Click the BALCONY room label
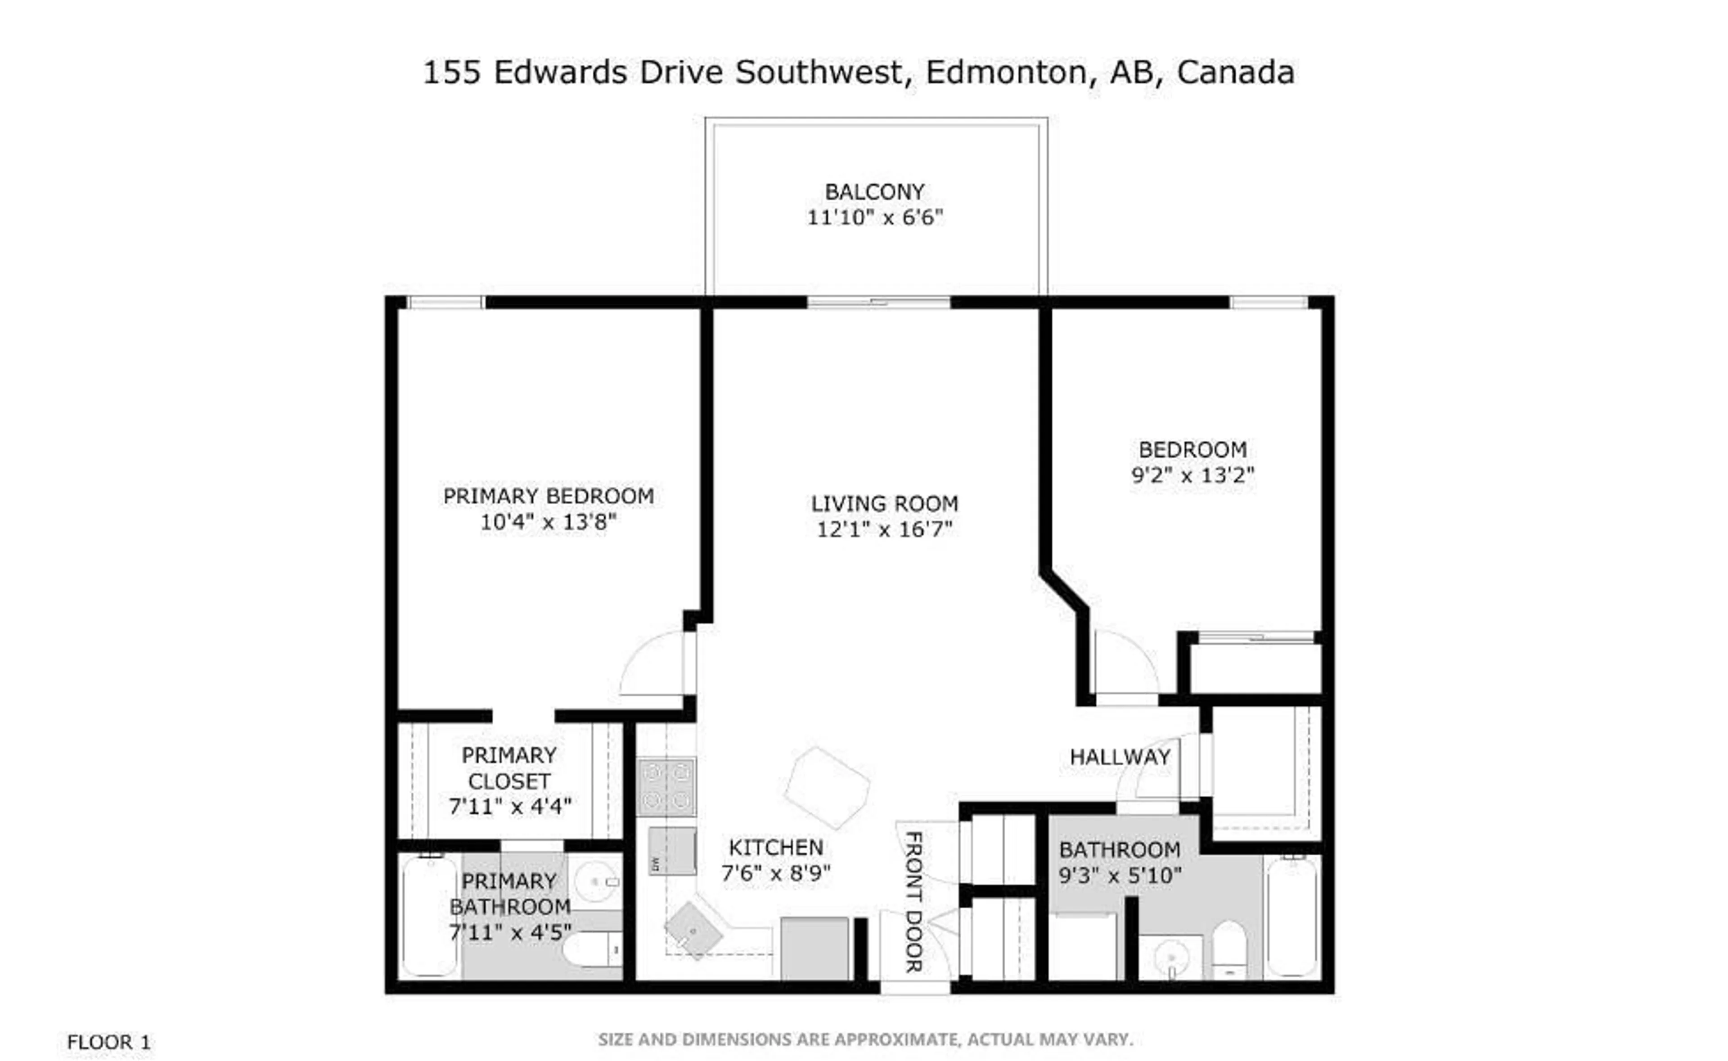pos(874,192)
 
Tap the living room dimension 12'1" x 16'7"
pos(884,529)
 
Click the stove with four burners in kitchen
pos(666,786)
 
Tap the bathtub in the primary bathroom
pos(429,916)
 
